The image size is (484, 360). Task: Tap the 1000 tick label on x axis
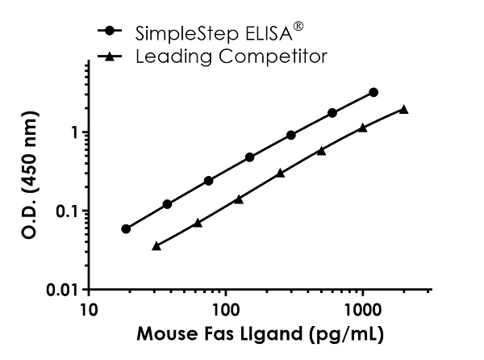coord(362,309)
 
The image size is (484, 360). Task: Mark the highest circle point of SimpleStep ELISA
coord(373,92)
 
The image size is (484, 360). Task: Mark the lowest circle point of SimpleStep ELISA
coord(126,228)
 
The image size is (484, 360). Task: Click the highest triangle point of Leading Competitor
coord(403,109)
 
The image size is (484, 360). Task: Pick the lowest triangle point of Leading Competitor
coord(156,245)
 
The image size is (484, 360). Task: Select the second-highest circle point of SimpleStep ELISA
coord(332,113)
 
